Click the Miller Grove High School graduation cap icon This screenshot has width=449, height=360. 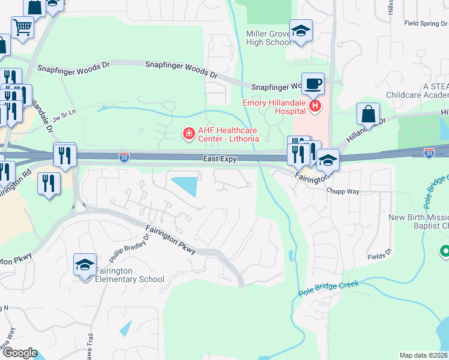click(301, 32)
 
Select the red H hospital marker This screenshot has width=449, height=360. click(316, 107)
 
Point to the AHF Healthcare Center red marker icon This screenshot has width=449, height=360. click(188, 133)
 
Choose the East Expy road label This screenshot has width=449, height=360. click(220, 159)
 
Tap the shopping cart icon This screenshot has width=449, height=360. click(22, 26)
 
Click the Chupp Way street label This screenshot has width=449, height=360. click(343, 191)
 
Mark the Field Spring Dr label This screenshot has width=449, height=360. click(426, 23)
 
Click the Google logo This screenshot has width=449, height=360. click(19, 353)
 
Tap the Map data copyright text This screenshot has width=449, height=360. click(424, 355)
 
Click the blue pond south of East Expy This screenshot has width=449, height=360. click(185, 185)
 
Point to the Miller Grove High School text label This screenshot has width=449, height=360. click(268, 38)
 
